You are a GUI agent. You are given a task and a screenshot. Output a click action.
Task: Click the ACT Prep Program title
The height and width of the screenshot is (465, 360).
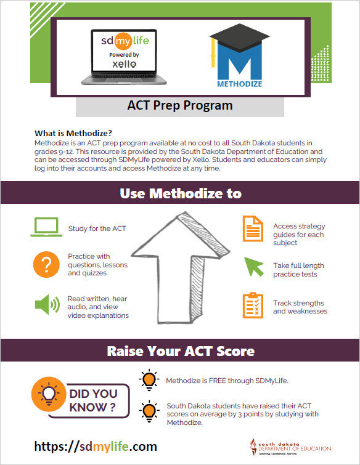click(x=180, y=105)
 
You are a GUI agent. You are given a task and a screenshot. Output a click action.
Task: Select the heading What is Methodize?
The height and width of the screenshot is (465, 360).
click(x=73, y=134)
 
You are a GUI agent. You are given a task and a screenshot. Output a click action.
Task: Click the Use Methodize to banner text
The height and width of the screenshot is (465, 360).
click(x=180, y=193)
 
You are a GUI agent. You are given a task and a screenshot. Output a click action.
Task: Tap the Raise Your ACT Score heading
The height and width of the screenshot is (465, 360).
click(x=180, y=351)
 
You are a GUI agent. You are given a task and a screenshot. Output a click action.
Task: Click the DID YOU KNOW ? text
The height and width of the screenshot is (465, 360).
click(x=92, y=400)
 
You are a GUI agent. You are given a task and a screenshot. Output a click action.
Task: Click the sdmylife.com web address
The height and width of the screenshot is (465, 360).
click(x=96, y=447)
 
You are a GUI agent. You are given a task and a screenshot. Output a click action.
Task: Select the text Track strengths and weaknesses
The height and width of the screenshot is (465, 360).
click(x=300, y=307)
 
